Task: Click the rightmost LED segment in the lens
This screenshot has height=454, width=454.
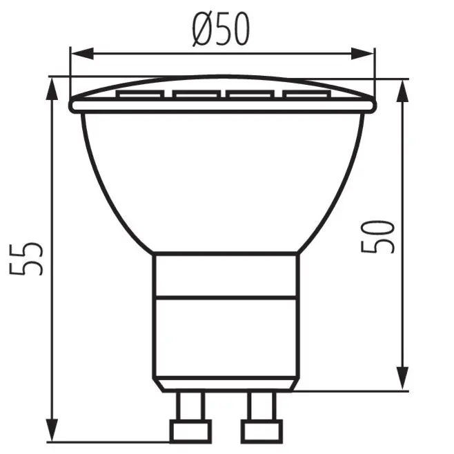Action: point(304,94)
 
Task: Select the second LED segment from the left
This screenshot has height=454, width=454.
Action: point(195,93)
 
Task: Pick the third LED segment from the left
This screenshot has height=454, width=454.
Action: point(250,93)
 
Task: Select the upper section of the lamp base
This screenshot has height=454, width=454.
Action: point(224,275)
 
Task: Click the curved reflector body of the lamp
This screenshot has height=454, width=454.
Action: point(224,179)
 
